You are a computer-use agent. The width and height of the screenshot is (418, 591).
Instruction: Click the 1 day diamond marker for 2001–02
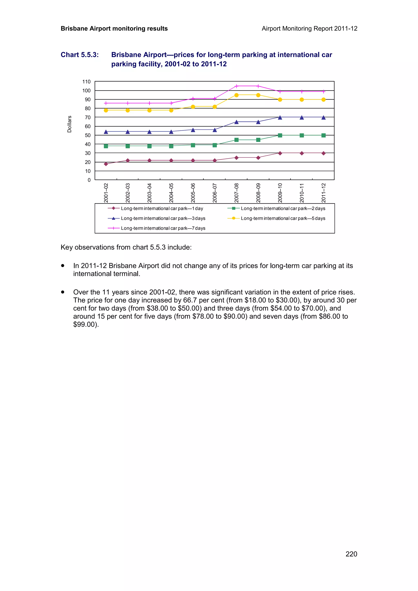tap(106, 164)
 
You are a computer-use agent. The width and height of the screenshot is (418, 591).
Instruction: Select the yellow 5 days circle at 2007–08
tap(236, 95)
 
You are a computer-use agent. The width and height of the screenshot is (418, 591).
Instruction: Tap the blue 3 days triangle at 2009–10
tap(280, 118)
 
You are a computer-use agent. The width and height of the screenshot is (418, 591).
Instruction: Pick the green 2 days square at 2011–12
tap(324, 135)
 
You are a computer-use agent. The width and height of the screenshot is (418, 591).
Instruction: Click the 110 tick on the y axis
tap(87, 82)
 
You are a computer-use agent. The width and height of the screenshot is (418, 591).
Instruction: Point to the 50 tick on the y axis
tap(88, 135)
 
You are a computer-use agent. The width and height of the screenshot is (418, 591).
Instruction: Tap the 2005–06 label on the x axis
tap(193, 193)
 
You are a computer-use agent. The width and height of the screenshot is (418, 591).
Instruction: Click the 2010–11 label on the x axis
tap(302, 193)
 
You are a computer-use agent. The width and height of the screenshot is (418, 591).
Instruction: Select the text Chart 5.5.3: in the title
tap(80, 55)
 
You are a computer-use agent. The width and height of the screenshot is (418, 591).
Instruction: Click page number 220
tap(351, 554)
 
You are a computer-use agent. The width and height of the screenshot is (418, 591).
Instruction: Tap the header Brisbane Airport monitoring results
tap(114, 29)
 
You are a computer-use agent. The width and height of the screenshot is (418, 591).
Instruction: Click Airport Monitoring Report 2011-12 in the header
tap(309, 29)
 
